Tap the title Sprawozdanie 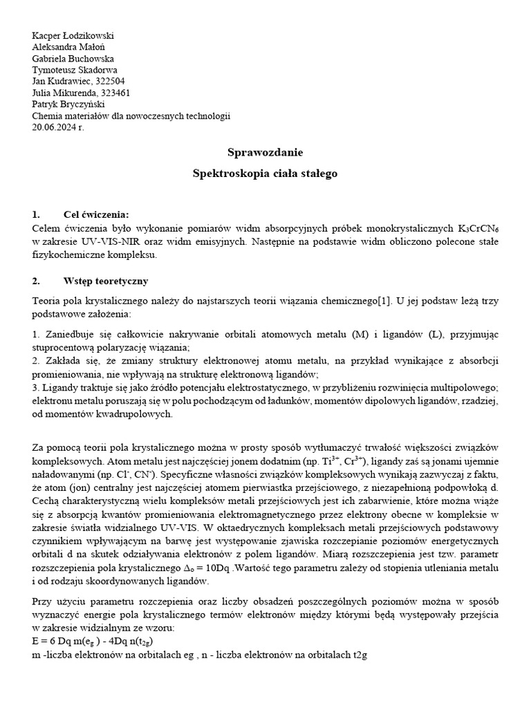[x=265, y=151]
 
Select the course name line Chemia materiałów [x=131, y=115]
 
